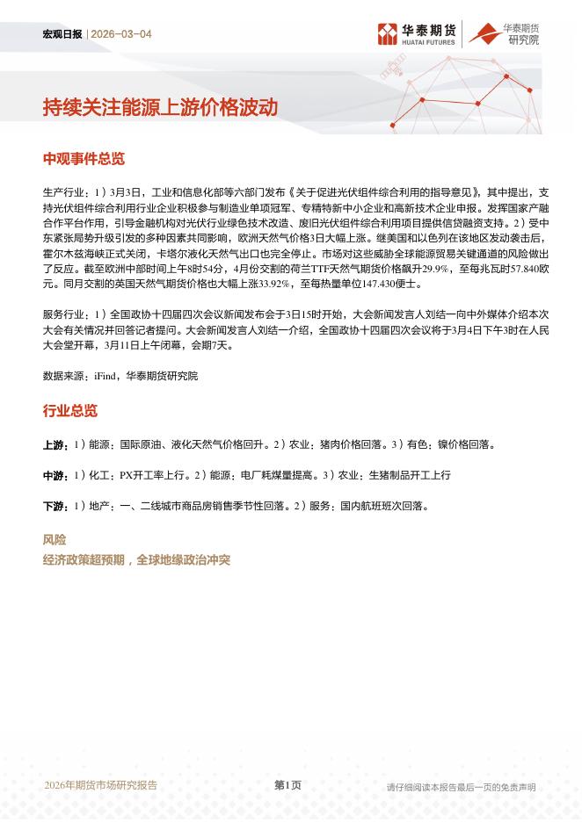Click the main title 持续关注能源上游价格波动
pyautogui.click(x=160, y=107)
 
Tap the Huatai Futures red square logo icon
pyautogui.click(x=387, y=34)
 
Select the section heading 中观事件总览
pyautogui.click(x=84, y=159)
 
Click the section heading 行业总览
pyautogui.click(x=70, y=411)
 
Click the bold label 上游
pyautogui.click(x=55, y=445)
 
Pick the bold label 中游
pyautogui.click(x=55, y=476)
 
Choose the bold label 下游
pyautogui.click(x=55, y=507)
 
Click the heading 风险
pyautogui.click(x=55, y=540)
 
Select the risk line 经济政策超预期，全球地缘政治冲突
pyautogui.click(x=136, y=559)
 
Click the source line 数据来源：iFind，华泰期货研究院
pyautogui.click(x=120, y=376)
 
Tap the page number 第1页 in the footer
pyautogui.click(x=287, y=785)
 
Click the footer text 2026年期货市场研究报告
pyautogui.click(x=100, y=785)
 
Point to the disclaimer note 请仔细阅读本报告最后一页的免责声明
pyautogui.click(x=461, y=787)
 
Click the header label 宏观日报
pyautogui.click(x=62, y=34)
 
